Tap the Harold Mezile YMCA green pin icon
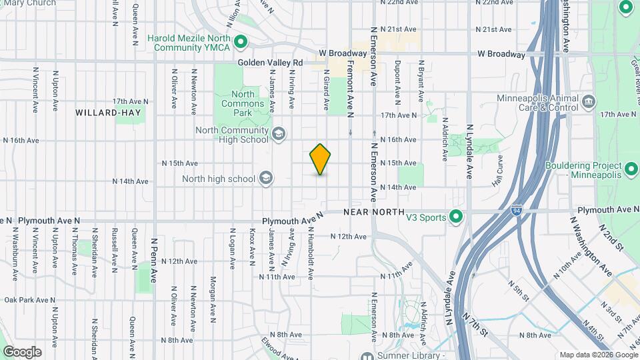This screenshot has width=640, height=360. [x=241, y=43]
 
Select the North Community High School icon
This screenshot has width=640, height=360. [x=278, y=135]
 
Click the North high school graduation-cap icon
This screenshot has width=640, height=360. [x=266, y=178]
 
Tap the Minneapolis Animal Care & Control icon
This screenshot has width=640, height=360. [x=589, y=102]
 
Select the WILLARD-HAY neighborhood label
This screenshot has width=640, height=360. [x=108, y=113]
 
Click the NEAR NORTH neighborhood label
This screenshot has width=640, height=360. [x=374, y=212]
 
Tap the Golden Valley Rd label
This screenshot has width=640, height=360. [x=271, y=63]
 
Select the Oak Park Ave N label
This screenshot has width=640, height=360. [x=29, y=301]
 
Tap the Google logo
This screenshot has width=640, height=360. [x=22, y=351]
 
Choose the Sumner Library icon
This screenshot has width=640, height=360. [x=366, y=355]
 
